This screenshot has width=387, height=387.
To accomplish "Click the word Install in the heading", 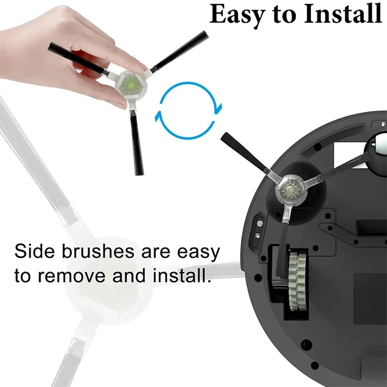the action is (x=343, y=14).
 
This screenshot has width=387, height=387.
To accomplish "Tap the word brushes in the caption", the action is (x=98, y=251).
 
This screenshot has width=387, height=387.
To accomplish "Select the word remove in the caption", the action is (x=72, y=276).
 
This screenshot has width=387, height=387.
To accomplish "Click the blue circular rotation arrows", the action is (x=188, y=111).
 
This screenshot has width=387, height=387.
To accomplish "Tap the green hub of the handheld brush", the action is (x=131, y=86).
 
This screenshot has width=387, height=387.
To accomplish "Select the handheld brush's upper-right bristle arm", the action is (x=179, y=52).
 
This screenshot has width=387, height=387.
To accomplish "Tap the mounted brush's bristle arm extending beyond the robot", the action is (x=243, y=152).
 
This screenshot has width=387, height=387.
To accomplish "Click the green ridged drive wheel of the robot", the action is (x=298, y=281).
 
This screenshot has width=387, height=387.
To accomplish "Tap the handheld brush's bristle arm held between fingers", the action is (x=78, y=59).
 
